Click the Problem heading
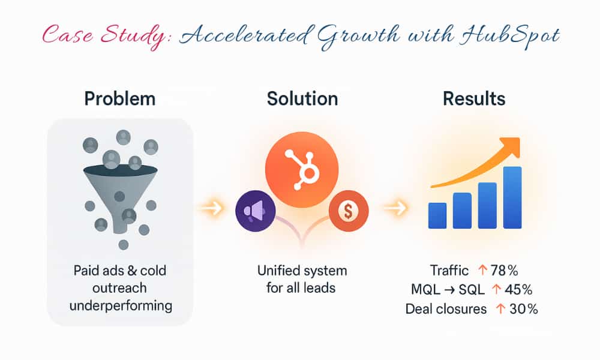click(120, 99)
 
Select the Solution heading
click(302, 99)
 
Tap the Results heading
click(474, 99)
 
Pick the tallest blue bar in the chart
click(512, 197)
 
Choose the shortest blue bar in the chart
click(437, 215)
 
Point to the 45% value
click(519, 289)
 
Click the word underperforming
click(121, 305)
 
